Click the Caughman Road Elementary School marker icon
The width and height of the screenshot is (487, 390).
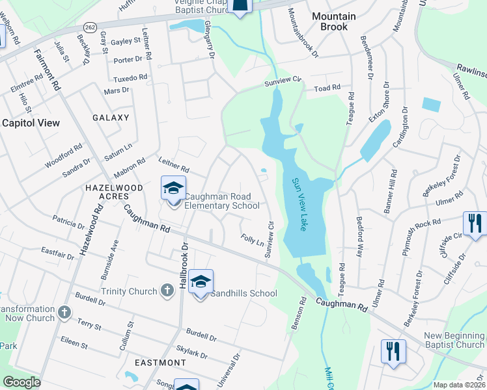(174, 189)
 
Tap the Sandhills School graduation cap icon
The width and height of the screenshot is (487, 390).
(201, 282)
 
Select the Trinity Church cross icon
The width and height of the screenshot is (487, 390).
(167, 291)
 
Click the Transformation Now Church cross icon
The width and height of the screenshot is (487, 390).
(64, 313)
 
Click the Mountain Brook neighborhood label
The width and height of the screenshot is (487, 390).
(334, 21)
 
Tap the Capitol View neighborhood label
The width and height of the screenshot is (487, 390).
(31, 123)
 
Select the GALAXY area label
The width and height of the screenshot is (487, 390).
(111, 118)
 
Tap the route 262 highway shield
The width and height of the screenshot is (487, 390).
(90, 27)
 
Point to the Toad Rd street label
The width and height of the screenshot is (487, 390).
(327, 88)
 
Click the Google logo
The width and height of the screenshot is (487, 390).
(21, 382)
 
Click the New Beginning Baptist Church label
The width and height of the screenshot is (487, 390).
(454, 340)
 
